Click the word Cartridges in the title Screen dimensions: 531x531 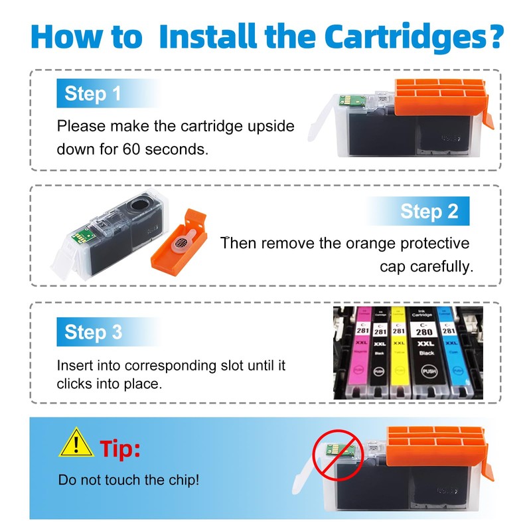coord(414,37)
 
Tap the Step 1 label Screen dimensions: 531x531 coord(92,94)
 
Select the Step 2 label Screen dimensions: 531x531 coord(429,211)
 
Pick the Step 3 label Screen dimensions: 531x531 coord(93,332)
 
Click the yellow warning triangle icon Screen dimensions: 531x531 coord(76,442)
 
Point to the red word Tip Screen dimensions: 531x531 coord(120,449)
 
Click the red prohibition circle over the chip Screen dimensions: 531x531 coord(338,455)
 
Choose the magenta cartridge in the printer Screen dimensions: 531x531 coord(360,352)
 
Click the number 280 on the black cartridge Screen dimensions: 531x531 coord(424,331)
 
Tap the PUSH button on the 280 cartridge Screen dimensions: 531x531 coord(429,371)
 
